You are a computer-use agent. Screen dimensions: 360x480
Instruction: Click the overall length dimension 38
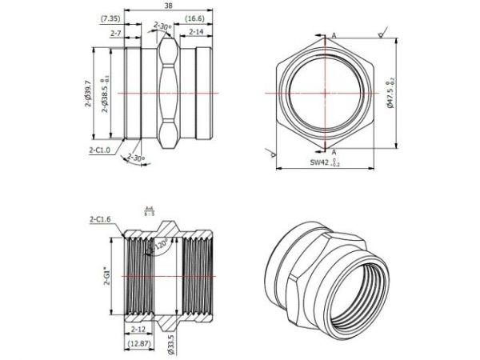(166, 6)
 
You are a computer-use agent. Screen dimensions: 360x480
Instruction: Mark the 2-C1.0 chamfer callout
(100, 149)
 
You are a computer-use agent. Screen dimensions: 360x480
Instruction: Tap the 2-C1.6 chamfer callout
(102, 218)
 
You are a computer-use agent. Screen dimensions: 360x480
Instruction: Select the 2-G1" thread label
(107, 278)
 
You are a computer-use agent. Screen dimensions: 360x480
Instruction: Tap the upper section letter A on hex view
(334, 35)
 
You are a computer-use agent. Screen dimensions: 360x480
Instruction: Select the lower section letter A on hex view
(334, 151)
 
